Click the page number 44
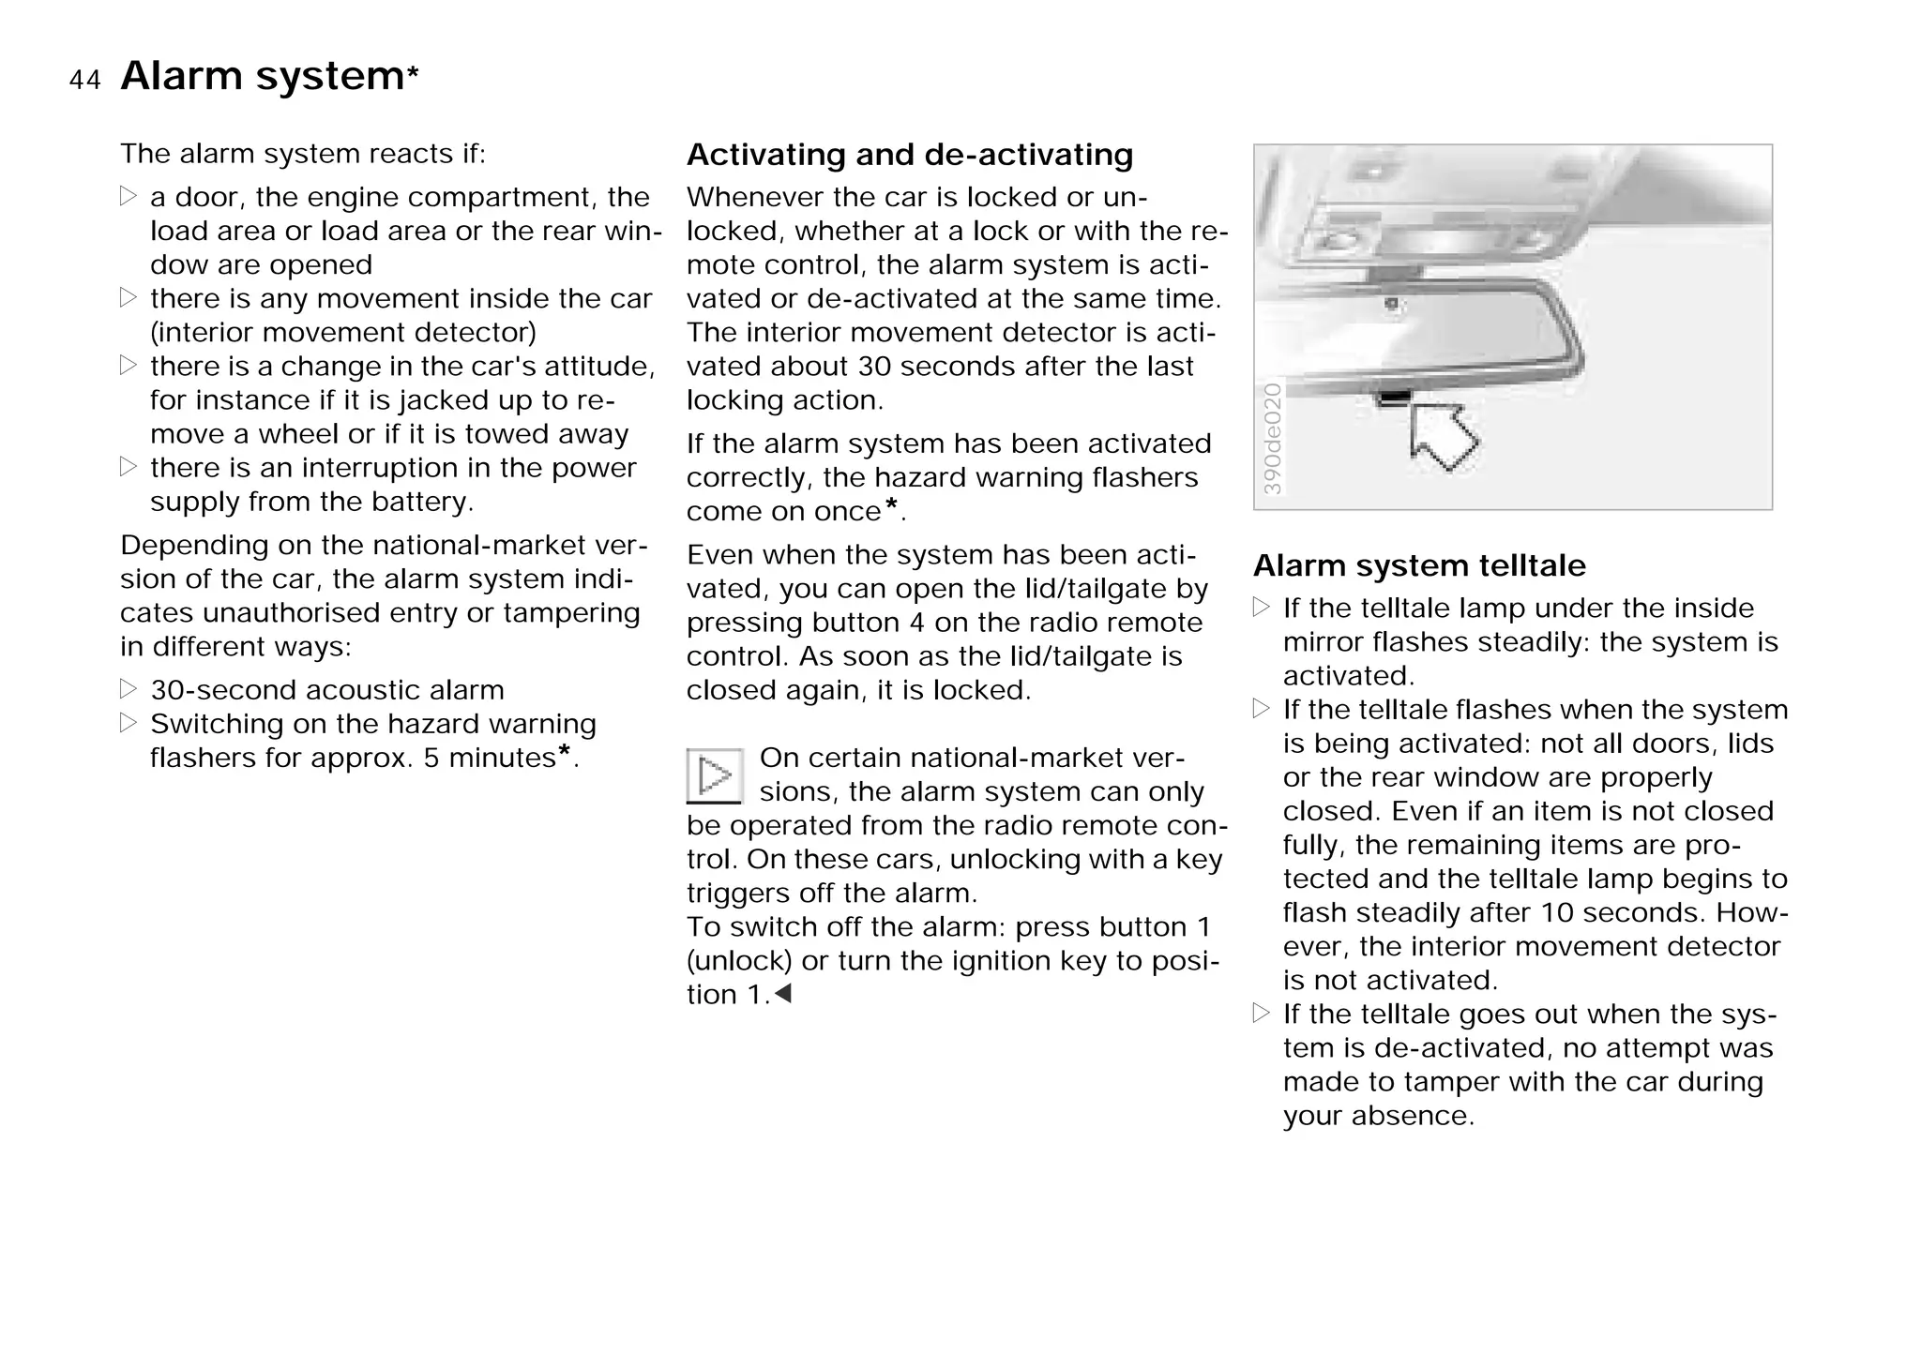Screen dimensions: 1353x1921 (84, 81)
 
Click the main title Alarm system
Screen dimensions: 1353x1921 (262, 75)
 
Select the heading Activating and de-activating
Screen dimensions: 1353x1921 (909, 155)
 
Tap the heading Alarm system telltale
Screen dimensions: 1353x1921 (1418, 565)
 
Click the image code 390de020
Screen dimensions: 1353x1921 (1273, 439)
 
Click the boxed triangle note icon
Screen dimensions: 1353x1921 (715, 775)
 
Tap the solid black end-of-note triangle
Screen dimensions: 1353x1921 (783, 993)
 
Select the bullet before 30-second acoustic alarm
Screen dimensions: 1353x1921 (129, 689)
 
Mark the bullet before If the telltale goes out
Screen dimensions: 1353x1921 (1262, 1013)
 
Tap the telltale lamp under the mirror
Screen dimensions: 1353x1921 (1395, 398)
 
